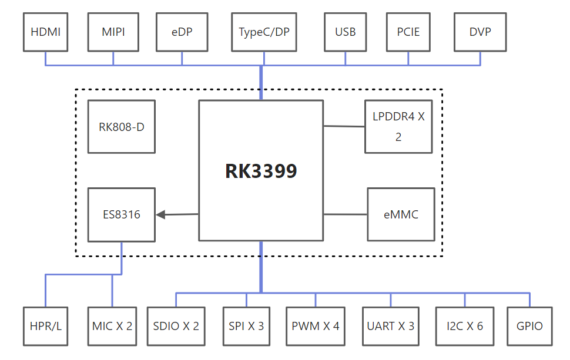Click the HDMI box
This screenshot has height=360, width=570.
tap(45, 32)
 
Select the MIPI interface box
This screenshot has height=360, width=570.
tap(113, 32)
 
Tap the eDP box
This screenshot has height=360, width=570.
tap(182, 32)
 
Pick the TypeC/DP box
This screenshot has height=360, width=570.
tap(264, 32)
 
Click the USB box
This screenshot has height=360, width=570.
tap(346, 32)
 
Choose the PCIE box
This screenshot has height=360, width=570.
tap(408, 32)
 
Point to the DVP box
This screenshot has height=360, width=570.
tap(480, 32)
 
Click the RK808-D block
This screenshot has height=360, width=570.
tap(122, 126)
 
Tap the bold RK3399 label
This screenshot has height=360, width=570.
tap(261, 171)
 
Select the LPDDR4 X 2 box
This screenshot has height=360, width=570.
tap(398, 126)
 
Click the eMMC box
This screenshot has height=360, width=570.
tap(401, 214)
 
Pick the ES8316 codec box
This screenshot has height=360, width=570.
tap(122, 214)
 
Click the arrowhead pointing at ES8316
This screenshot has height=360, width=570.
tap(162, 215)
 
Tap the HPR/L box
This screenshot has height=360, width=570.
tap(45, 326)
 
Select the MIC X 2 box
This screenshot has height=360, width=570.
tap(112, 326)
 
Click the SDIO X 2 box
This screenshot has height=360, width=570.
tap(176, 326)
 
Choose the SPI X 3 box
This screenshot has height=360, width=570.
tap(246, 326)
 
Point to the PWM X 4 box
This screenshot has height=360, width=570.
tap(316, 326)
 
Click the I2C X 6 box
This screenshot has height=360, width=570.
tap(465, 326)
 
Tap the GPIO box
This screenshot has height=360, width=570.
tap(530, 326)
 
